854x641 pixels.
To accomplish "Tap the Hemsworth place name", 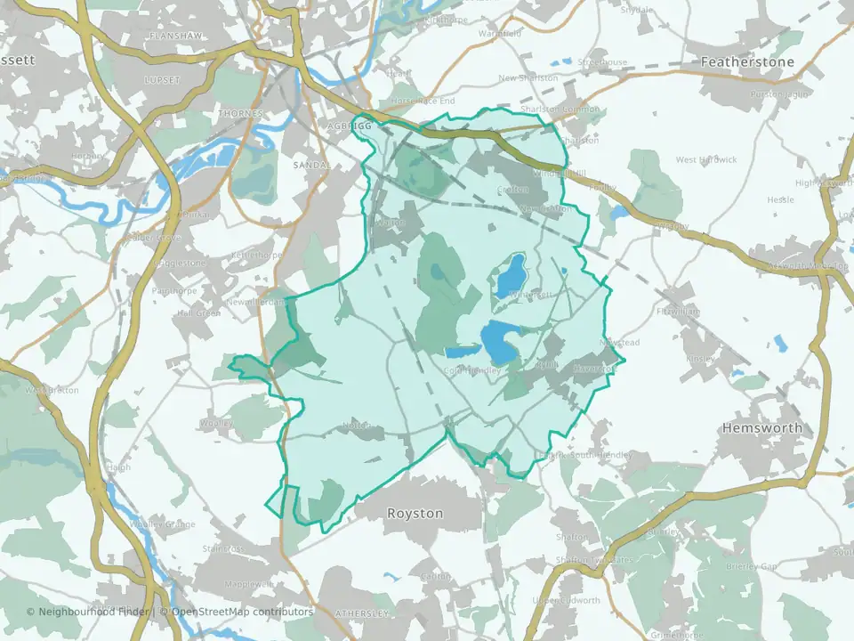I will pos(762,427).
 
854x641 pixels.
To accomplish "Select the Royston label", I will pos(415,514).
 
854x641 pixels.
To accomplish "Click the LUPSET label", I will pos(161,79).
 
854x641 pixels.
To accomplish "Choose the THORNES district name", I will pos(240,114).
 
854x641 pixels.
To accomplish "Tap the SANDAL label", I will pos(311,166).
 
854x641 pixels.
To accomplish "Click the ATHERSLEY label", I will pos(362,613).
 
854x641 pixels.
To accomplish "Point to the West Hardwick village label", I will pos(706,160).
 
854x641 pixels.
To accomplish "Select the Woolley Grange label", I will pos(162,524).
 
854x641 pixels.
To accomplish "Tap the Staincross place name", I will pos(222,548).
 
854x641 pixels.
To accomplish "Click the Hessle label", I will pos(780,199).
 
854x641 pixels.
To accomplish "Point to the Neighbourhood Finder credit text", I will pos(87,612).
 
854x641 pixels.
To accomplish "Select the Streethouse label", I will pos(602,63).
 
